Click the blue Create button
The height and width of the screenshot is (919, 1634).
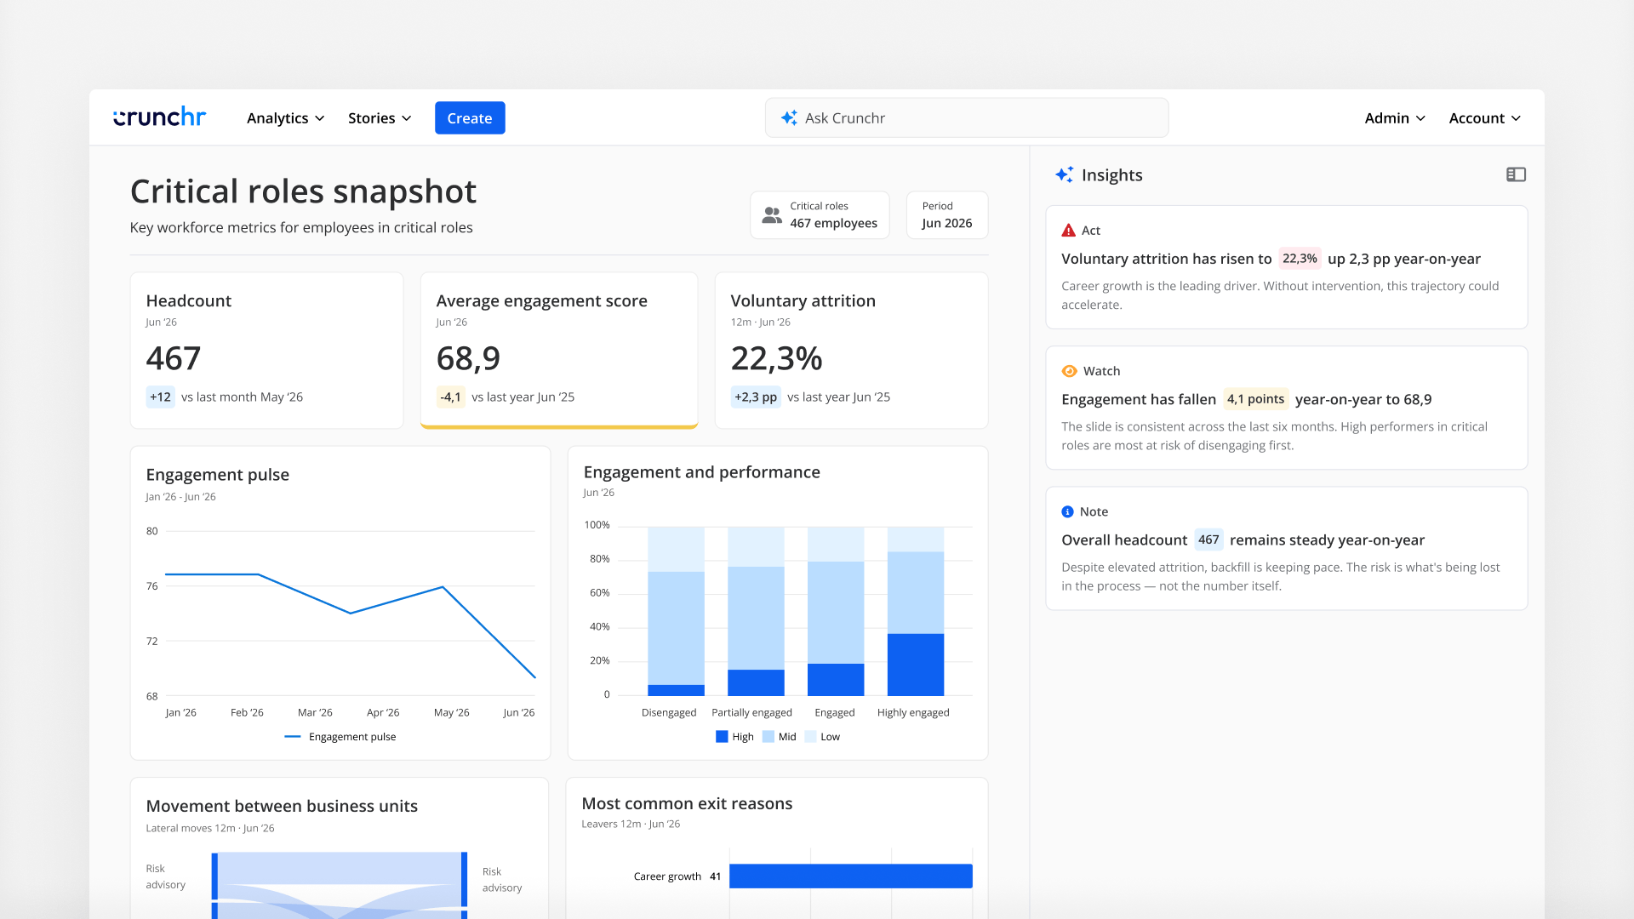470,118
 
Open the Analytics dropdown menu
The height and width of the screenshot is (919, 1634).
286,118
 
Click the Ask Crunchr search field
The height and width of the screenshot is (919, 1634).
967,118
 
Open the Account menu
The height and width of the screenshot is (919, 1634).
1485,118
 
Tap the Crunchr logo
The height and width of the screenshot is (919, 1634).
160,117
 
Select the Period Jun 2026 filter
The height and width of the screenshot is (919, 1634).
947,214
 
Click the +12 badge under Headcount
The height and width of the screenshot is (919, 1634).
160,397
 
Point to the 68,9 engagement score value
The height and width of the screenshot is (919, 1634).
468,358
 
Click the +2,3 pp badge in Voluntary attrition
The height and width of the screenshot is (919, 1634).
756,397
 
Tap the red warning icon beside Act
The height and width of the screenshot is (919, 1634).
1069,231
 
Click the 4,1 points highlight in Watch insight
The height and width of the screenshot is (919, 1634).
1255,399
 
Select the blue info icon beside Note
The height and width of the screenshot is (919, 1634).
1068,511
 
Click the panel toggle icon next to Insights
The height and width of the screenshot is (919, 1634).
1516,174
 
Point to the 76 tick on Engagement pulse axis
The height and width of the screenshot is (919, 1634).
151,586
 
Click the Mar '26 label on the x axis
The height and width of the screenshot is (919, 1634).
315,712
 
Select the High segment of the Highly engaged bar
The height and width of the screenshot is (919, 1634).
916,665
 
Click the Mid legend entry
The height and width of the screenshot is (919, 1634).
780,737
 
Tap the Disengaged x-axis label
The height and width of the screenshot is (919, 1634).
669,712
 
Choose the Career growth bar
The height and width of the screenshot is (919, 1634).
851,876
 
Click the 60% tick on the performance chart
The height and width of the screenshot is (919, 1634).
599,593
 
